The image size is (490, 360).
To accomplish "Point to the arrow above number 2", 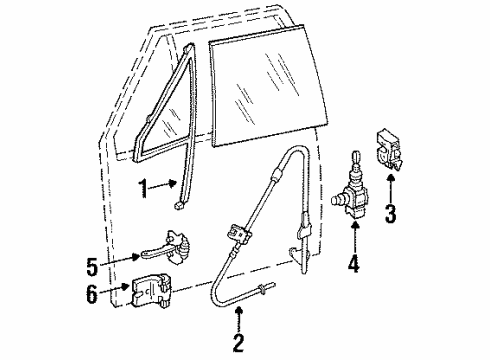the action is pyautogui.click(x=239, y=322).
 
